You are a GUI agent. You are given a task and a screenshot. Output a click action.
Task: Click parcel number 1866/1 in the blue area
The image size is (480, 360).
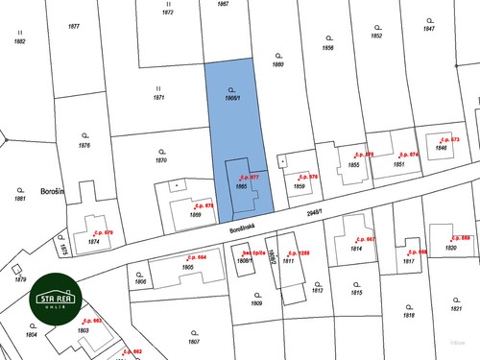pos(231,98)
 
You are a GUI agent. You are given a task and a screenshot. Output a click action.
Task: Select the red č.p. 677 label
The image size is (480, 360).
pos(250,178)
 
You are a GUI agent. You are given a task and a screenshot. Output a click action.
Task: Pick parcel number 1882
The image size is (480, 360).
pos(18,41)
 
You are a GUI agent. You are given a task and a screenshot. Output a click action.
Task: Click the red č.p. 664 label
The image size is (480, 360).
pos(195,257)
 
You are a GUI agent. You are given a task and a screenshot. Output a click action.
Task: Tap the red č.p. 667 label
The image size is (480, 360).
pos(365,239)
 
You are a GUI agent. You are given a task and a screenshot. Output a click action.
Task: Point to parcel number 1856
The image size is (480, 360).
pos(327,47)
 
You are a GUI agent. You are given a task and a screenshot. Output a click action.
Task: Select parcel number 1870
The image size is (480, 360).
pos(161,159)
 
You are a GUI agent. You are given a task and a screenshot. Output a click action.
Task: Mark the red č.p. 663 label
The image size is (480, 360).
pos(92,321)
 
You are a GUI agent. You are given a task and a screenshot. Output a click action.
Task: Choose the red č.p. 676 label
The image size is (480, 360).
pos(307,178)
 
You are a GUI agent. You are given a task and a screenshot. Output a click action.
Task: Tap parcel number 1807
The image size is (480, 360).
pos(193,342)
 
